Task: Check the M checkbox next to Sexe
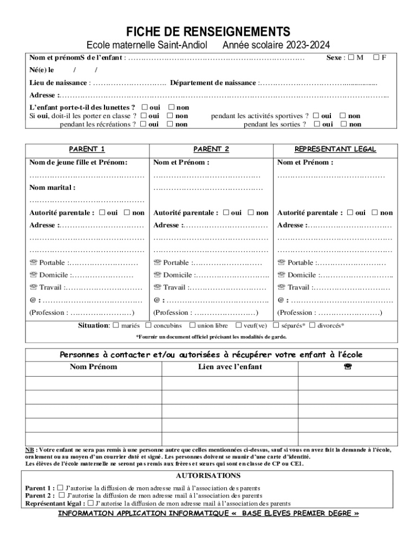pyautogui.click(x=351, y=57)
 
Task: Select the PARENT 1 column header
pyautogui.click(x=87, y=149)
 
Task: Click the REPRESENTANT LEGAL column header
pyautogui.click(x=335, y=149)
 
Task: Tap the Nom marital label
pyautogui.click(x=52, y=188)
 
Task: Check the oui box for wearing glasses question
pyautogui.click(x=145, y=107)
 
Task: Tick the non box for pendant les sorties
pyautogui.click(x=343, y=124)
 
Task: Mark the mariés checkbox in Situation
pyautogui.click(x=115, y=325)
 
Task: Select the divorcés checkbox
pyautogui.click(x=312, y=325)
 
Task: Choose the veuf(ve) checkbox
pyautogui.click(x=239, y=325)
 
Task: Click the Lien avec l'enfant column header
pyautogui.click(x=230, y=367)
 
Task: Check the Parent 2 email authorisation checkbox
pyautogui.click(x=62, y=495)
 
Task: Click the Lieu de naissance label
pyautogui.click(x=58, y=83)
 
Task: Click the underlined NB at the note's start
pyautogui.click(x=30, y=450)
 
